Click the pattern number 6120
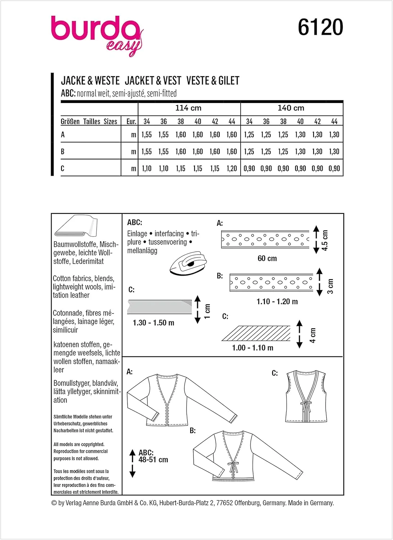click(x=320, y=27)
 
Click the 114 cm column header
click(x=188, y=108)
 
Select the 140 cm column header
click(x=291, y=108)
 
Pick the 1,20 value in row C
click(x=232, y=168)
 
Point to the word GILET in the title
click(x=226, y=81)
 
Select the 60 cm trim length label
click(x=267, y=258)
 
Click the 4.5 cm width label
click(x=325, y=240)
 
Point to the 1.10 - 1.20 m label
click(x=277, y=302)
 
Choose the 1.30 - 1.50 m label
click(x=154, y=323)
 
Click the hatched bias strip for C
click(x=256, y=333)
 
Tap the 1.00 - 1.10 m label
click(x=253, y=348)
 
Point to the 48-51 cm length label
click(x=153, y=460)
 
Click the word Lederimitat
click(x=88, y=261)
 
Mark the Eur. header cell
click(x=131, y=122)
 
